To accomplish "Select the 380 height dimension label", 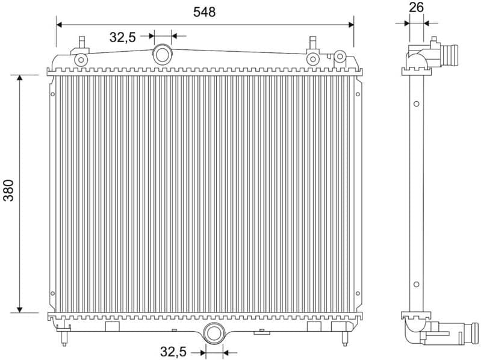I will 10,191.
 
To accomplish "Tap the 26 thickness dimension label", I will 416,7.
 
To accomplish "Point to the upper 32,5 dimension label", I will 122,37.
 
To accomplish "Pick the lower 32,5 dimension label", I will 173,351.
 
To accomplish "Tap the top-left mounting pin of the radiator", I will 81,44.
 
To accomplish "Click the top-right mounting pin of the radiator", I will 312,43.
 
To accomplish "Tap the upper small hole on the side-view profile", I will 416,104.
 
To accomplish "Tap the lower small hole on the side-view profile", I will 416,284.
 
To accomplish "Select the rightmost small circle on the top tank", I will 340,57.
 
